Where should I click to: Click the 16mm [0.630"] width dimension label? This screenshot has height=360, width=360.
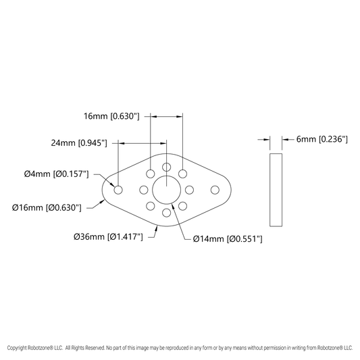[x=111, y=116]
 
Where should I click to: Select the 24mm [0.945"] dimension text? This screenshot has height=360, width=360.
[x=79, y=143]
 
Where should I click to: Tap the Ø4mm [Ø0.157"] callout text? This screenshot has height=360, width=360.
[x=57, y=174]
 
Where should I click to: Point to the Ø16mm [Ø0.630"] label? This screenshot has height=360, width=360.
[x=47, y=208]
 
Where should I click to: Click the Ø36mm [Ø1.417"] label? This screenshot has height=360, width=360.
[x=108, y=236]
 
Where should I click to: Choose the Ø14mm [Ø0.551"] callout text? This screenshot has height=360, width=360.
[x=228, y=239]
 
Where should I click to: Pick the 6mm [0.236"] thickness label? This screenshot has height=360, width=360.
[x=322, y=139]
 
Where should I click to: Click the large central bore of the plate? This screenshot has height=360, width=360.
[x=166, y=190]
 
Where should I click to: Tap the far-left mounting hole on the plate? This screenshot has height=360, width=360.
[x=118, y=190]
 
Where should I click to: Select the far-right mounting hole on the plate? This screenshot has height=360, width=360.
[x=215, y=190]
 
